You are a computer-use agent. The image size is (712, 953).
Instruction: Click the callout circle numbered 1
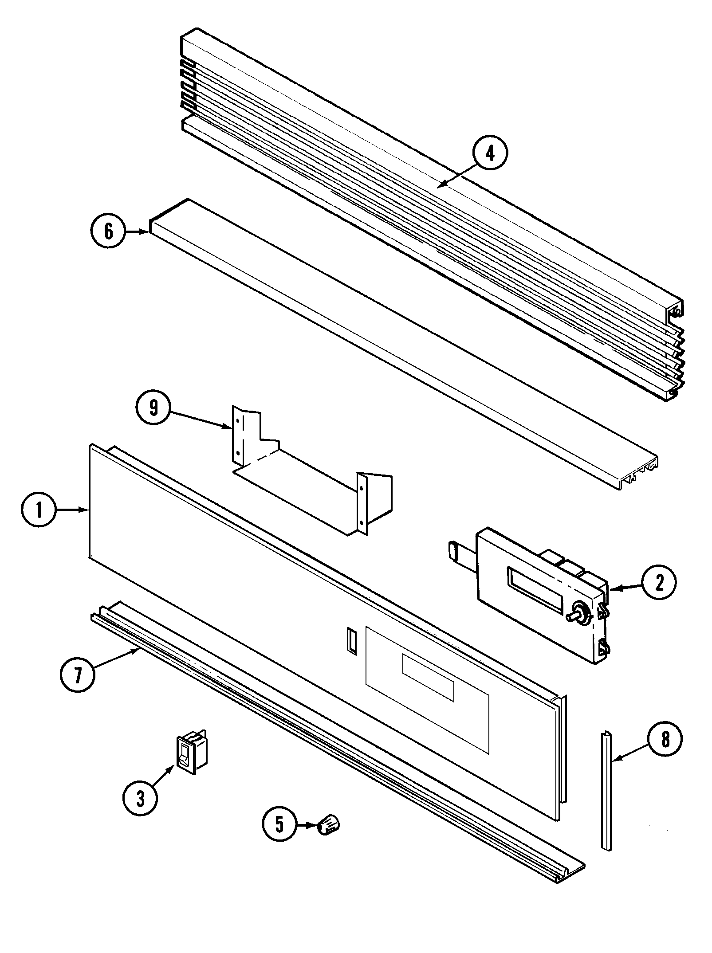click(x=39, y=511)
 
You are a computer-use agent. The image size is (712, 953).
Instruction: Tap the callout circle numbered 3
click(x=140, y=798)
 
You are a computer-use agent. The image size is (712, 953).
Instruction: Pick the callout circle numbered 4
click(x=489, y=153)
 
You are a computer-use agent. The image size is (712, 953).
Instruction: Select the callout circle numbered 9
click(x=153, y=408)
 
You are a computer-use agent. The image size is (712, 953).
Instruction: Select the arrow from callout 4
click(x=457, y=178)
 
